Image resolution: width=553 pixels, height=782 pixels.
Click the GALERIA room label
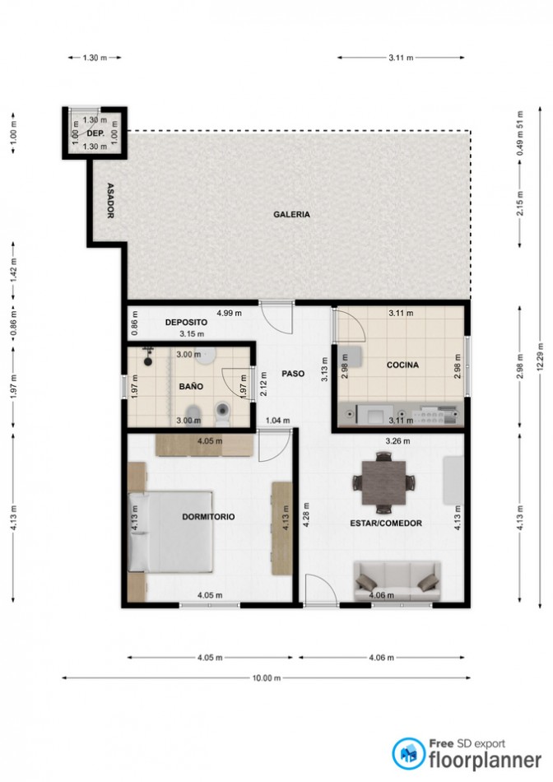tap(291, 215)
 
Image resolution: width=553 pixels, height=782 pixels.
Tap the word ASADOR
tap(111, 201)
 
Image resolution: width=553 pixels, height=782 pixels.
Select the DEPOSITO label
tap(186, 322)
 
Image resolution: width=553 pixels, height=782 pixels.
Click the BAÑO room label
tap(191, 386)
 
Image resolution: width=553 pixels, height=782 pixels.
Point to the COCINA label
tap(402, 365)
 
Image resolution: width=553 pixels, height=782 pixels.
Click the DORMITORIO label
tap(208, 517)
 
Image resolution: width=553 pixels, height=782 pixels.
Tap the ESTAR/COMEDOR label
tap(386, 524)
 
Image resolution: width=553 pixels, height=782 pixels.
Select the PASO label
tap(293, 374)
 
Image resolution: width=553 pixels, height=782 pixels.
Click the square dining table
tap(383, 482)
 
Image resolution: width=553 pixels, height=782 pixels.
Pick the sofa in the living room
tap(397, 581)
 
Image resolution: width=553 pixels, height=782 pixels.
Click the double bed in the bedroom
tap(170, 531)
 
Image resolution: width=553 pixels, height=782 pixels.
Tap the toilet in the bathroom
tap(222, 414)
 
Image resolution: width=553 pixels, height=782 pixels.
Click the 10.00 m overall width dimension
tap(267, 677)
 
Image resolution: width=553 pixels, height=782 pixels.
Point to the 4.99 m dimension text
tap(229, 313)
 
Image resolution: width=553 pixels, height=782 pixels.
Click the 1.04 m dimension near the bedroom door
tap(277, 421)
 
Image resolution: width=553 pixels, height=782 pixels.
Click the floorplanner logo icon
tap(408, 753)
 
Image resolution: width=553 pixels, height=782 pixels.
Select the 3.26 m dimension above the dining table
tap(398, 441)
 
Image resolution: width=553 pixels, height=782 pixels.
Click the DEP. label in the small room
tap(95, 133)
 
